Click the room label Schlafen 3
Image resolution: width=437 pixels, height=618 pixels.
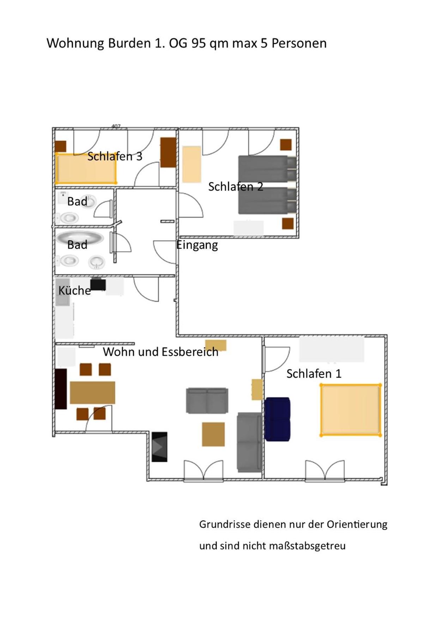tap(115, 156)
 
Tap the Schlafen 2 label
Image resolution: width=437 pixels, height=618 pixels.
tap(235, 186)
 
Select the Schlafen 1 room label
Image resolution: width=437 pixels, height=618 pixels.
tap(314, 373)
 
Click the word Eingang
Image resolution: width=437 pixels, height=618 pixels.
tap(197, 245)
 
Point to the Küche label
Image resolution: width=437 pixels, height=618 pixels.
tap(74, 290)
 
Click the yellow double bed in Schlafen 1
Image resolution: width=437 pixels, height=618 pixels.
tap(351, 410)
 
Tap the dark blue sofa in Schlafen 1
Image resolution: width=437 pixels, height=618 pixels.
tap(277, 419)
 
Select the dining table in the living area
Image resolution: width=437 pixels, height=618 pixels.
tap(92, 392)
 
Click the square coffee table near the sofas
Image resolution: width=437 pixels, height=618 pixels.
tap(213, 434)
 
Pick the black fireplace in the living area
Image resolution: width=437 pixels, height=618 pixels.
tap(159, 446)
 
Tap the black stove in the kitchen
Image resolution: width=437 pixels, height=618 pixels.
tap(98, 284)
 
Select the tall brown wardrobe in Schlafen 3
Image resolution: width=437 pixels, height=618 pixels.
tap(168, 152)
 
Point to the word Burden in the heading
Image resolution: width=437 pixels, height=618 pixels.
tap(129, 43)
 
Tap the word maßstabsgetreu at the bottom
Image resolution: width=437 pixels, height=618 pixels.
tap(307, 546)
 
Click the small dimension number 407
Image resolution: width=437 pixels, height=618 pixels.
tap(116, 126)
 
